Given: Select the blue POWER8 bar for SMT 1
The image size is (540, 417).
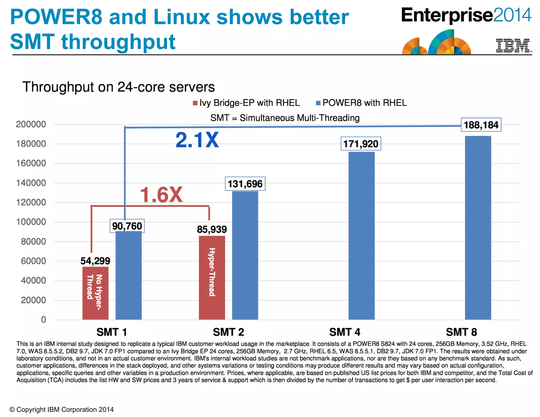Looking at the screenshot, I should (128, 275).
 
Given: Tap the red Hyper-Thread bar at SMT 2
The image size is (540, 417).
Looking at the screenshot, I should (212, 277).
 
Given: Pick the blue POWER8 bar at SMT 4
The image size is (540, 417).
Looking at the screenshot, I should (361, 236).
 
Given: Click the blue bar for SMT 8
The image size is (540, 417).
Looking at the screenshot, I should (478, 228).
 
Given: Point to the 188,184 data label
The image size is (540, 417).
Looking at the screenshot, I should (481, 125).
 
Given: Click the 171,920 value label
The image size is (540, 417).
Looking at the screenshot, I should (361, 144).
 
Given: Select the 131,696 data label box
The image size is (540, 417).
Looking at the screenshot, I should (245, 184).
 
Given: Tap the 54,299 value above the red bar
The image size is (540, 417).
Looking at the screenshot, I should (95, 261).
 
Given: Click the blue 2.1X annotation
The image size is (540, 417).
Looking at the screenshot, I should (197, 140).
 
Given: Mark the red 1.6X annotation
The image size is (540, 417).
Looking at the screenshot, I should (161, 195).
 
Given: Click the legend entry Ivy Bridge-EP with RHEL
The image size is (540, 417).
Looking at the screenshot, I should (246, 103).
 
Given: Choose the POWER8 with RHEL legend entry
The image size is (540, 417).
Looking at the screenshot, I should (361, 103).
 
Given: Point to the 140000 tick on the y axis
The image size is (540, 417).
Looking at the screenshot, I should (31, 183).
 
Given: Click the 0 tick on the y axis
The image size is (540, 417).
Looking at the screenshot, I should (44, 320).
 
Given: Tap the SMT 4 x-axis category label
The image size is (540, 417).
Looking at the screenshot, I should (345, 332).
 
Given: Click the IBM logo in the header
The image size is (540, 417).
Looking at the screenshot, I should (513, 46).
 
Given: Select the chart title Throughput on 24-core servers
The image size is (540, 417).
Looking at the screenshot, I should (119, 87).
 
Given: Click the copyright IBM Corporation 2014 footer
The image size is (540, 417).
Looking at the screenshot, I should (61, 409).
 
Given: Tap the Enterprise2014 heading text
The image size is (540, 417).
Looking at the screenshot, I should (466, 15).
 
